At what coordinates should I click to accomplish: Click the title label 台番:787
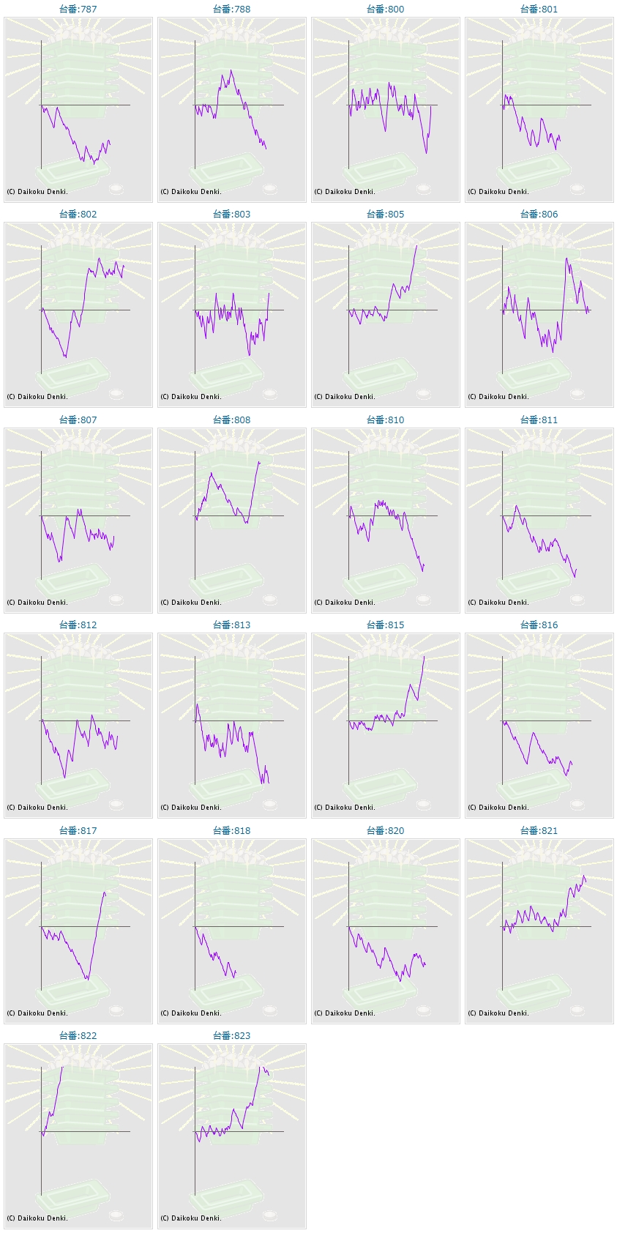[78, 10]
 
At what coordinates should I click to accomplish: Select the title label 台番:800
[385, 10]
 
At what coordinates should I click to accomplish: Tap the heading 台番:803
[231, 215]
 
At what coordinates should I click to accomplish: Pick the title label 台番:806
[539, 215]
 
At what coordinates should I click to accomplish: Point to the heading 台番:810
[385, 420]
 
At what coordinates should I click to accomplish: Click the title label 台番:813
[231, 625]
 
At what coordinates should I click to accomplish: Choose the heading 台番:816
[539, 625]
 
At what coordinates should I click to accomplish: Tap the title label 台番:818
[231, 831]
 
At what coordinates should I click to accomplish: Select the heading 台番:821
[539, 831]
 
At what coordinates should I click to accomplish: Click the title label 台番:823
[231, 1036]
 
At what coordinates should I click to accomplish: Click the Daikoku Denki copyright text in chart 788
[191, 192]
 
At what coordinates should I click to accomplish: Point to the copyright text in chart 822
[37, 1218]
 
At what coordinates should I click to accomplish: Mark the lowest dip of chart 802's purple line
[66, 357]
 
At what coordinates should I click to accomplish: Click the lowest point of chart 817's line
[88, 979]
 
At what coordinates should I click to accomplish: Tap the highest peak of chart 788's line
[231, 70]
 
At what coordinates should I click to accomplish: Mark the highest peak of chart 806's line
[566, 258]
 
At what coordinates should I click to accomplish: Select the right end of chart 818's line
[236, 973]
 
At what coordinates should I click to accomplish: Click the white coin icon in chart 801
[577, 189]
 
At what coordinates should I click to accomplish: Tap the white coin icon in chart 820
[423, 1010]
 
